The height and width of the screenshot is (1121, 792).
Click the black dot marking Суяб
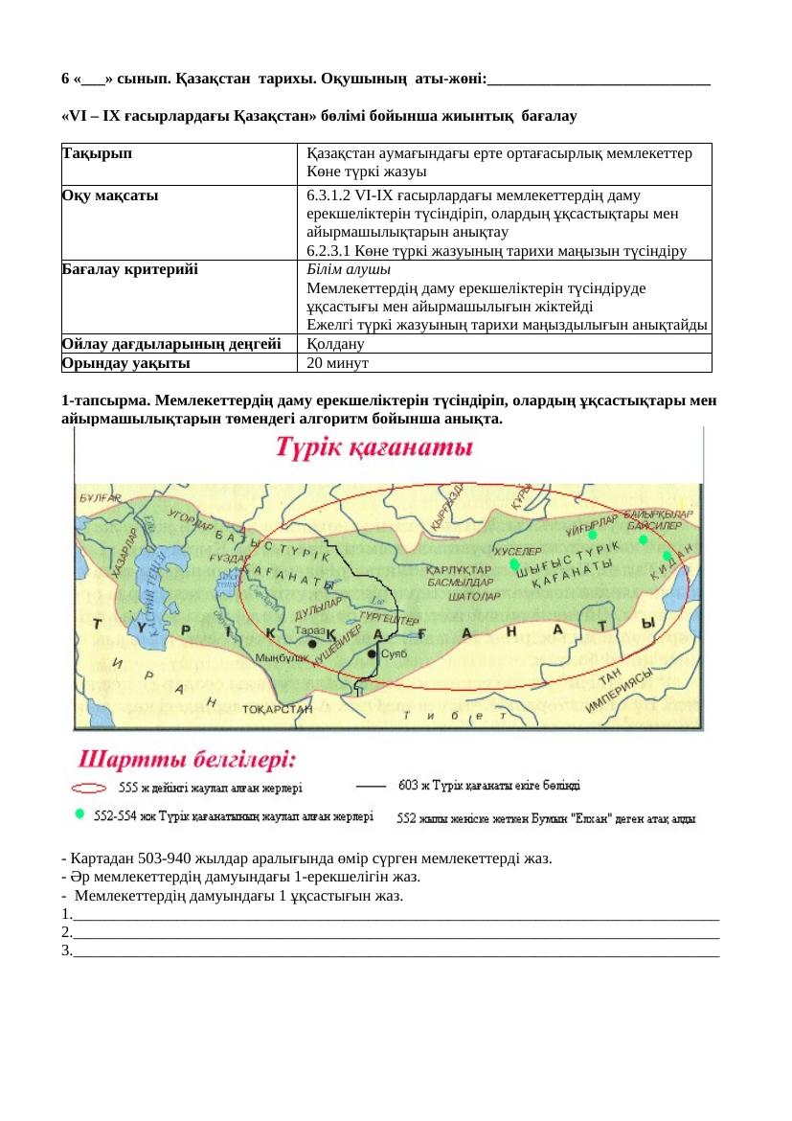[373, 653]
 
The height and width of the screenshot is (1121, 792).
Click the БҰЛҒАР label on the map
[100, 498]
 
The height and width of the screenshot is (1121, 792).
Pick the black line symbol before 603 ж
[371, 786]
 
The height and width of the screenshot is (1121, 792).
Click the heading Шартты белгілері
[188, 761]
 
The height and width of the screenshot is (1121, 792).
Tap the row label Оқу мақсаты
[109, 194]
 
